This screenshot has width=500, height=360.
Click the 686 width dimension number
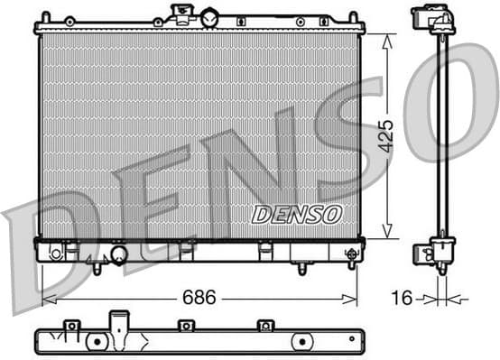click(199, 297)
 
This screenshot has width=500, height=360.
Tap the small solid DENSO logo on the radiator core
click(296, 214)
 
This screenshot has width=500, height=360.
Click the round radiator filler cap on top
click(209, 17)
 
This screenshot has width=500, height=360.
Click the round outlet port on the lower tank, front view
click(118, 255)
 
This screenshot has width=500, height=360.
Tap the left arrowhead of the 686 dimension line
click(48, 298)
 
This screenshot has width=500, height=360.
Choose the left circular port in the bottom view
click(95, 342)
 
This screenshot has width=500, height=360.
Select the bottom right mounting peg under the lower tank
click(302, 267)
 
